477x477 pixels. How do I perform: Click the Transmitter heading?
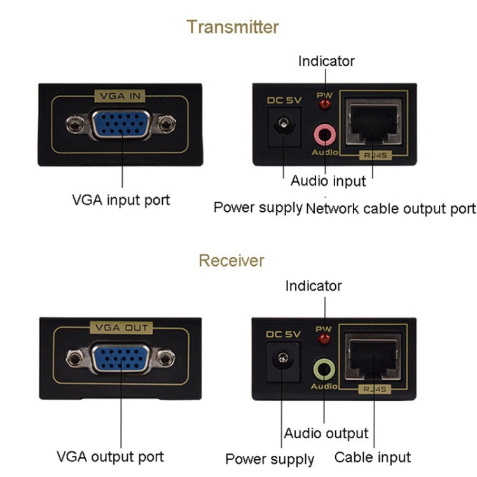click(232, 27)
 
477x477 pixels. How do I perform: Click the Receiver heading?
click(231, 260)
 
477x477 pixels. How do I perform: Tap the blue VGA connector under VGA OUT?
click(120, 358)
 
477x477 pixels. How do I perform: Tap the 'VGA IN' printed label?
click(120, 96)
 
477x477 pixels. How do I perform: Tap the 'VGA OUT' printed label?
click(120, 328)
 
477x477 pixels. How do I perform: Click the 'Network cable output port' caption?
click(391, 208)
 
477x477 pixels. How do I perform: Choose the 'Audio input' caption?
click(328, 181)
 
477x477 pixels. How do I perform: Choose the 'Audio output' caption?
click(326, 433)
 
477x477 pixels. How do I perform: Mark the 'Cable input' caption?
click(372, 457)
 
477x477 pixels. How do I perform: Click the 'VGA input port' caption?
click(120, 200)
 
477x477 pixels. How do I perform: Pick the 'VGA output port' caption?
click(110, 456)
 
